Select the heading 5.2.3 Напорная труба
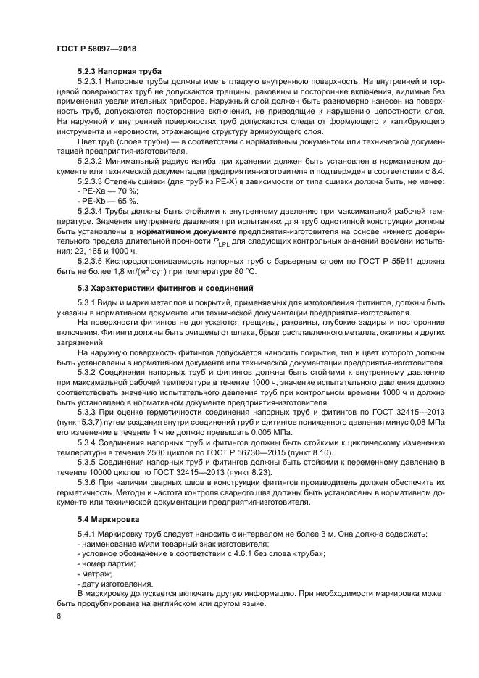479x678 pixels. point(119,71)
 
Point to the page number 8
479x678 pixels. point(59,616)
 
